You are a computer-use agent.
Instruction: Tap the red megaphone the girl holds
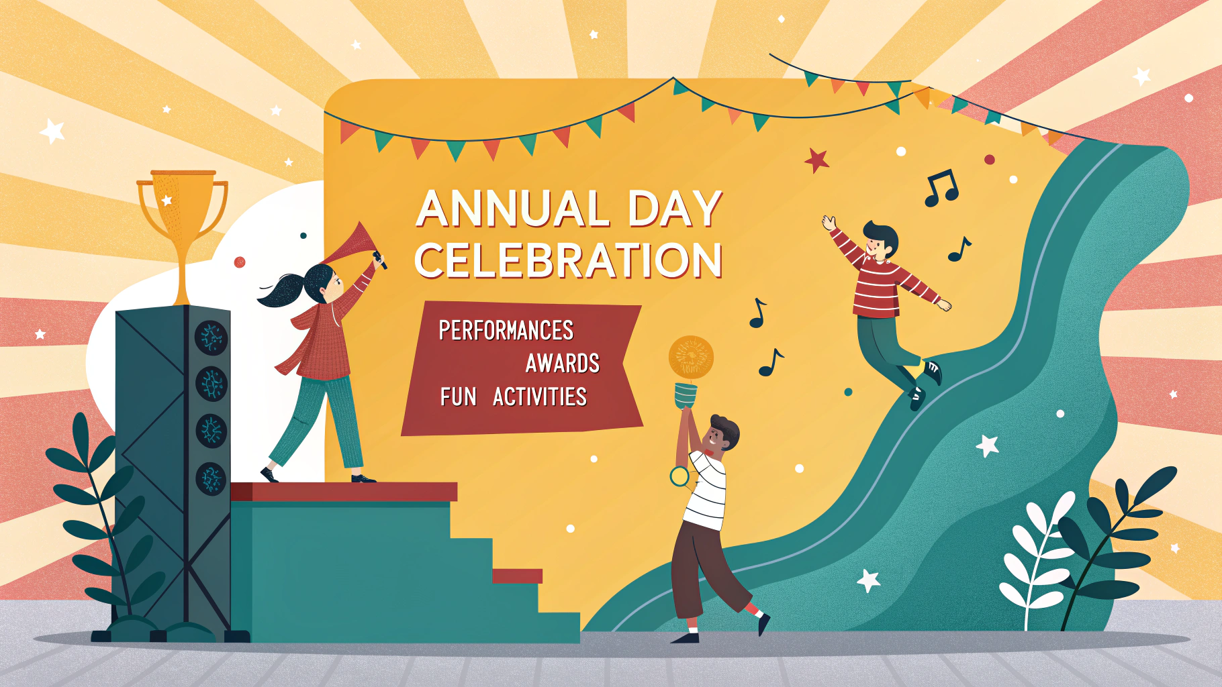pyautogui.click(x=352, y=244)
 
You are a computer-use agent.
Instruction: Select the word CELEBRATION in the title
pyautogui.click(x=568, y=260)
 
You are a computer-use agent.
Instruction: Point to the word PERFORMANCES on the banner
pyautogui.click(x=506, y=331)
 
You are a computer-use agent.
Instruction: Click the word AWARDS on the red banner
pyautogui.click(x=563, y=364)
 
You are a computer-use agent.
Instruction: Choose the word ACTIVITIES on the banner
pyautogui.click(x=540, y=397)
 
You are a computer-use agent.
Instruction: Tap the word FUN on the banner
pyautogui.click(x=459, y=397)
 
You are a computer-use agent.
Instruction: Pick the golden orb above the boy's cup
pyautogui.click(x=691, y=357)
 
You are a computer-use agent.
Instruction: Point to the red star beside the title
pyautogui.click(x=817, y=160)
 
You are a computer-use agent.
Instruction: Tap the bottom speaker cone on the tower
pyautogui.click(x=211, y=478)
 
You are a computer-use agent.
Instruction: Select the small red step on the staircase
pyautogui.click(x=517, y=576)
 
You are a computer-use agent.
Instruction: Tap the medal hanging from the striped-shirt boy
pyautogui.click(x=679, y=476)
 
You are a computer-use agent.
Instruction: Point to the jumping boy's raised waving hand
pyautogui.click(x=830, y=223)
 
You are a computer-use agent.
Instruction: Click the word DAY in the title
pyautogui.click(x=675, y=209)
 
